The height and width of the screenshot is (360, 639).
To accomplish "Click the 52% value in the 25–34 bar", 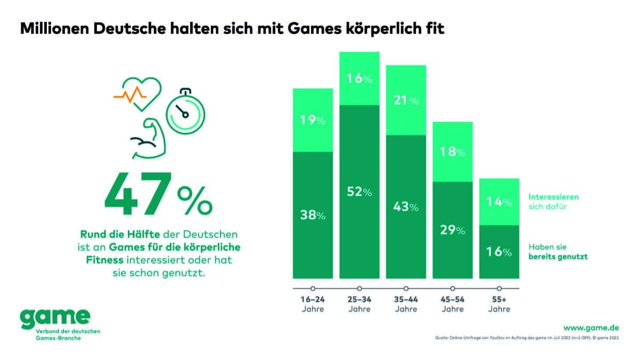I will click(359, 192).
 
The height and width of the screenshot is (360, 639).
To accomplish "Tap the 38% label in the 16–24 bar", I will click(313, 216).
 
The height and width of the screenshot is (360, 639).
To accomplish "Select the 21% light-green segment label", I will click(406, 100).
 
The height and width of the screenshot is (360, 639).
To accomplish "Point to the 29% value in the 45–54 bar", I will click(453, 231).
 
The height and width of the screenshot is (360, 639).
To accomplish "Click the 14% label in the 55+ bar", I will click(499, 202).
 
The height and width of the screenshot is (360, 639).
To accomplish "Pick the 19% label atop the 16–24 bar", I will click(313, 120).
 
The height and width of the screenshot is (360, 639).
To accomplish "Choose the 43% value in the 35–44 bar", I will click(406, 207).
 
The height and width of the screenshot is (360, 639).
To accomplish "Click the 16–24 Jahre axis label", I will click(313, 305).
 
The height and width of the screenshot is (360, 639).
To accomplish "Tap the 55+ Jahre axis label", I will click(499, 305).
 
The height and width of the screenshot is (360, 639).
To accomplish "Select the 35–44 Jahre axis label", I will click(406, 305).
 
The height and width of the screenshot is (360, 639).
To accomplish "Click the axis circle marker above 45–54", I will click(453, 289).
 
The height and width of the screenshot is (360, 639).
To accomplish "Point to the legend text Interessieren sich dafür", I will click(553, 201).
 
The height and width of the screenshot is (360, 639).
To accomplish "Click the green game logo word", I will click(55, 317).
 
